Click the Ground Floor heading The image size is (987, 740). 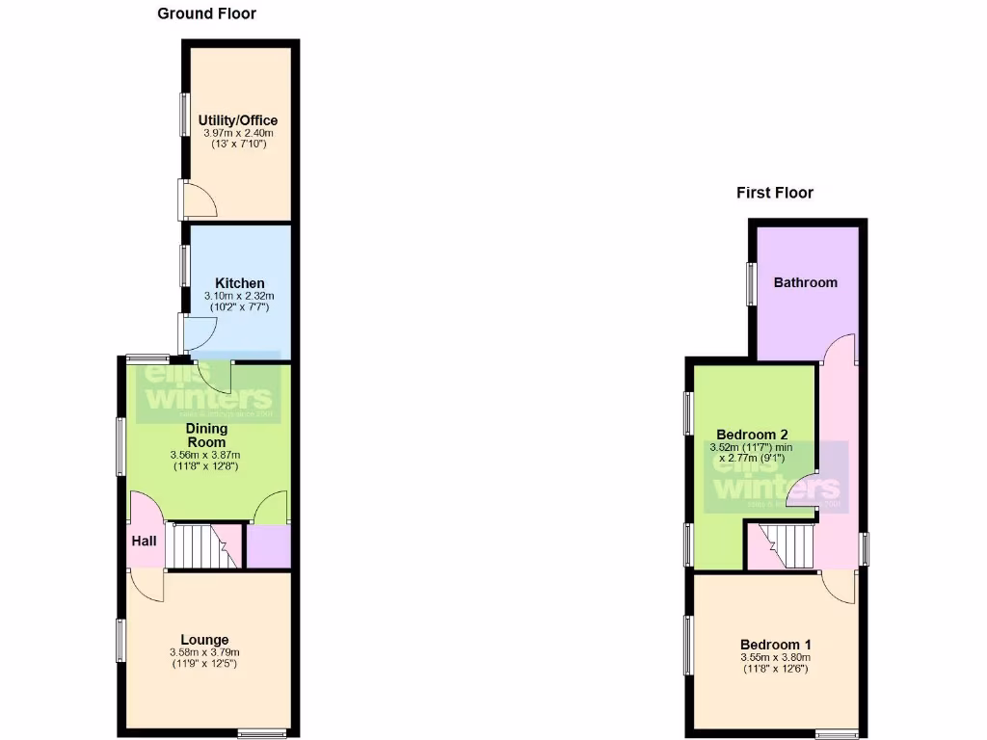click(207, 13)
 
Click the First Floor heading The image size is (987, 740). click(774, 193)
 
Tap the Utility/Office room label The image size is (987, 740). click(239, 120)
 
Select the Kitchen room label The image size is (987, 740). click(239, 283)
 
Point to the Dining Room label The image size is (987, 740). click(206, 435)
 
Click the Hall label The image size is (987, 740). click(144, 542)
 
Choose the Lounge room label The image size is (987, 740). click(204, 640)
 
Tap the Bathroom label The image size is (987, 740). click(805, 282)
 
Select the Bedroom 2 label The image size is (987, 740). click(753, 434)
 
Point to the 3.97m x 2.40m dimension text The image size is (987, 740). click(239, 133)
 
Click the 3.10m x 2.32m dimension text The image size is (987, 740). click(239, 296)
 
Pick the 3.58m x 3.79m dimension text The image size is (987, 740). click(204, 652)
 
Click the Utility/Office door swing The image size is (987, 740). click(201, 199)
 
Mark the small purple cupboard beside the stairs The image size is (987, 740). click(268, 545)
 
